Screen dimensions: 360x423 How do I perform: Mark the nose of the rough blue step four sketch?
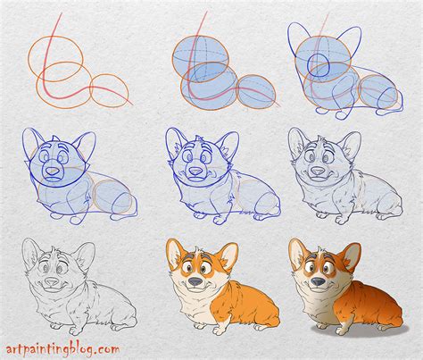coord(54,170)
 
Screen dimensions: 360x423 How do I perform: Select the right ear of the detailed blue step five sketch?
coord(229,142)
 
